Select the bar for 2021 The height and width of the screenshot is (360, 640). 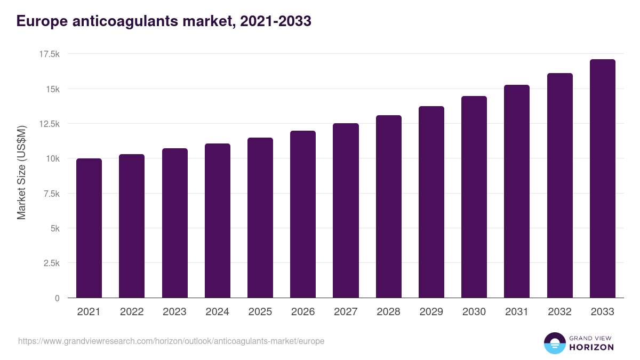click(89, 228)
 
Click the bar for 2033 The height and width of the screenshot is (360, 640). click(602, 179)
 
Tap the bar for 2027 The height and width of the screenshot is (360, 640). click(346, 211)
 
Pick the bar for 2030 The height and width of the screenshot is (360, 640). click(474, 197)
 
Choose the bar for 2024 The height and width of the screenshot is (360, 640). click(218, 221)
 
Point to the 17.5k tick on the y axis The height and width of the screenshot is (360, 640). click(49, 54)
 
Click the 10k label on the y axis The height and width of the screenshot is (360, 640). click(52, 158)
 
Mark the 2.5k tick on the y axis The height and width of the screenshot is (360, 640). click(51, 263)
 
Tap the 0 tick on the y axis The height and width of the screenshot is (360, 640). click(57, 298)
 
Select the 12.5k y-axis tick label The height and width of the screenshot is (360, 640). click(49, 124)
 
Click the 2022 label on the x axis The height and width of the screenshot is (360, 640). click(132, 312)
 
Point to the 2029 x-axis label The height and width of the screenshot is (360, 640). click(431, 312)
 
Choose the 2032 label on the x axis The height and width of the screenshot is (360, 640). click(559, 312)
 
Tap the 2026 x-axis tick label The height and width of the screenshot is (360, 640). click(303, 312)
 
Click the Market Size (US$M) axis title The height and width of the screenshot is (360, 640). click(21, 172)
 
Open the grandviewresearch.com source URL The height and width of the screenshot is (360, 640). click(171, 341)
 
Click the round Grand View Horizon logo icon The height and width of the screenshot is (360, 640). click(554, 343)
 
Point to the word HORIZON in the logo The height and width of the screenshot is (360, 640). click(591, 347)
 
